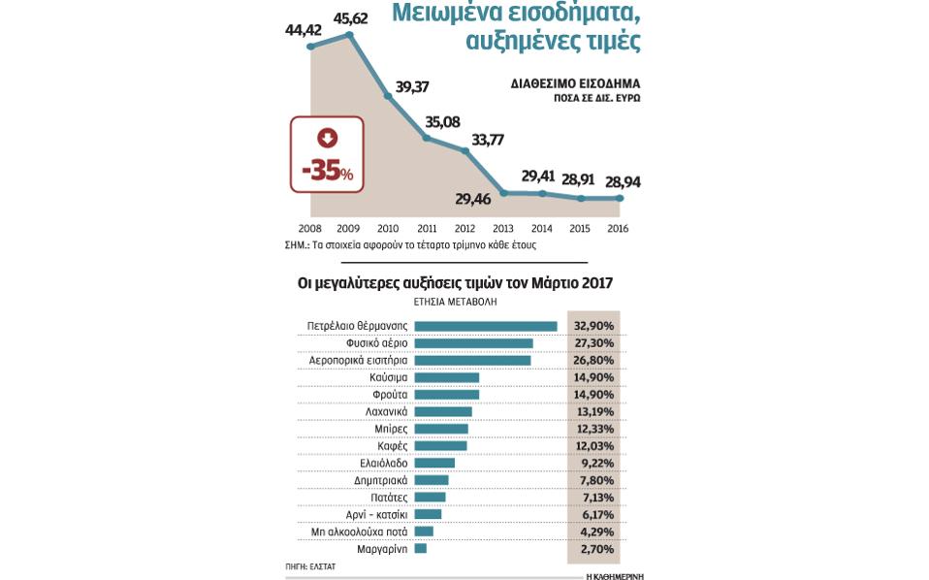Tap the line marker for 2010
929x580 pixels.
(x=388, y=96)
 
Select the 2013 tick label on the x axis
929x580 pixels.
(x=504, y=228)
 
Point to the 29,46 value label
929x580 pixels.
(x=473, y=199)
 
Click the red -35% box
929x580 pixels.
(x=328, y=153)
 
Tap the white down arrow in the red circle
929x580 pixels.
(x=328, y=138)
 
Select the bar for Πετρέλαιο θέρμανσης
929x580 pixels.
(x=485, y=326)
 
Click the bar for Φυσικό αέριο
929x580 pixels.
(x=473, y=343)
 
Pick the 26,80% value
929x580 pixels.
(x=593, y=361)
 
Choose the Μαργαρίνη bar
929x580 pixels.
(x=420, y=548)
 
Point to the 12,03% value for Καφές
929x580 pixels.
(x=593, y=446)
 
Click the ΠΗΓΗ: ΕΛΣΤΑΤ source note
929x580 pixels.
(x=309, y=565)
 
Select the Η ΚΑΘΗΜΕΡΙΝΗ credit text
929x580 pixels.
(x=615, y=575)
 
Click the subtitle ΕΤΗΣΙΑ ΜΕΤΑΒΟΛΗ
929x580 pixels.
(x=455, y=302)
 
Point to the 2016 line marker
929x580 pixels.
(x=620, y=198)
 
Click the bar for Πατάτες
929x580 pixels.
(x=429, y=497)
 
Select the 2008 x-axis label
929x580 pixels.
(x=310, y=228)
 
